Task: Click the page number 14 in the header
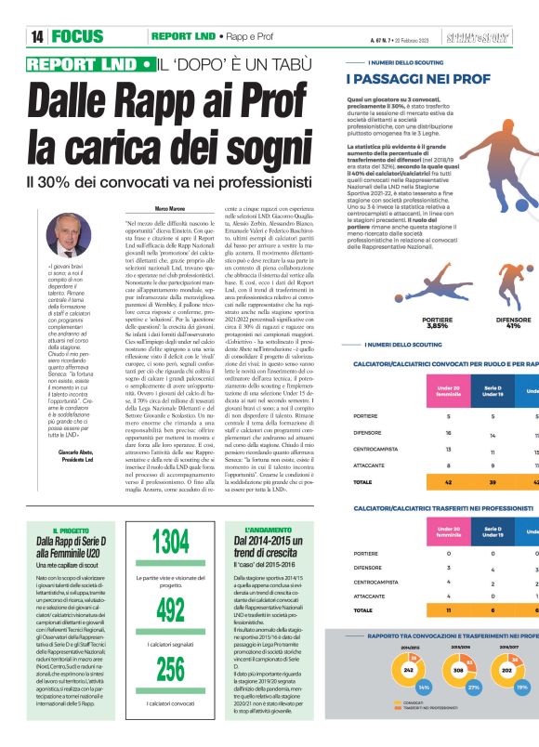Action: pos(37,36)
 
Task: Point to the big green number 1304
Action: pos(171,542)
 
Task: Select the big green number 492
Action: pos(171,609)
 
